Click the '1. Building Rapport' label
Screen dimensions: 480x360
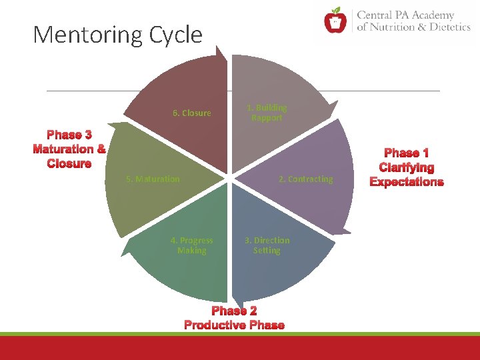click(267, 113)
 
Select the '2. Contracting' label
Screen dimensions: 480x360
click(305, 179)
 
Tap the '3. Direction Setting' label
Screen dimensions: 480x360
click(267, 245)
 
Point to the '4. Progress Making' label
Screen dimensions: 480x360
click(192, 245)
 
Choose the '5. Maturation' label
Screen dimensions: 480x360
click(153, 179)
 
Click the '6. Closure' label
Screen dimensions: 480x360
click(192, 113)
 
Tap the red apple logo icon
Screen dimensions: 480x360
click(335, 21)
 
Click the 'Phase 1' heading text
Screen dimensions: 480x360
click(407, 153)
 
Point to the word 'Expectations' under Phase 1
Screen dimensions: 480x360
click(407, 182)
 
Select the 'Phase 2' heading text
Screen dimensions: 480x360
click(234, 311)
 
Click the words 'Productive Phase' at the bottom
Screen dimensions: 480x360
click(234, 325)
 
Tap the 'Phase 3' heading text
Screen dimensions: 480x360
click(69, 135)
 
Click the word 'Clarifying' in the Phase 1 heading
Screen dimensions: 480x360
click(407, 168)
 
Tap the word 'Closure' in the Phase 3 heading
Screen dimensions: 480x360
click(69, 163)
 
